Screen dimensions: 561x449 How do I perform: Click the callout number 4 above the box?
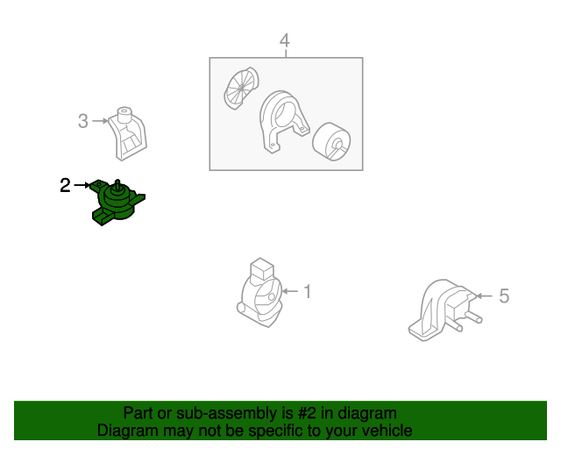click(x=284, y=41)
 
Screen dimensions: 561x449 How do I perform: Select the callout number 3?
click(x=83, y=121)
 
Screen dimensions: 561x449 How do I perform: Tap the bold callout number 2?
click(x=65, y=185)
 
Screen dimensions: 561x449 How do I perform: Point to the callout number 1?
click(x=308, y=291)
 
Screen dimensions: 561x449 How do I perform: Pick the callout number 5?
click(x=504, y=296)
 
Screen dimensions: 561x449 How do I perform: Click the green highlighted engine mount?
click(x=117, y=203)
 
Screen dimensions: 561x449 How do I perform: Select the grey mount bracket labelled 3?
click(x=127, y=133)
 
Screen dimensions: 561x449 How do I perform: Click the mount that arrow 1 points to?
click(x=259, y=292)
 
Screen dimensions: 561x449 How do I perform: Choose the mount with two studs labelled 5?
click(x=444, y=310)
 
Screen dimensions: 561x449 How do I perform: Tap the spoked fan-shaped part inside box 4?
click(x=241, y=88)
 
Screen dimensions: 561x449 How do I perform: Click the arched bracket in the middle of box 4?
click(x=284, y=121)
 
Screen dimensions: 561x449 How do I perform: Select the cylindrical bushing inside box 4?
click(x=331, y=142)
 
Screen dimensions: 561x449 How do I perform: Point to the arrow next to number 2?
click(x=82, y=185)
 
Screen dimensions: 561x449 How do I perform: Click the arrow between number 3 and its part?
click(x=100, y=121)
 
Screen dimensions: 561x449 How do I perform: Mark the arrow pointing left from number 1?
click(x=290, y=291)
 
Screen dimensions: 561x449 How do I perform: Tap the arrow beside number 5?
click(x=485, y=296)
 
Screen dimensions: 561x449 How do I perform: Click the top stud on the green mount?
click(x=117, y=183)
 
